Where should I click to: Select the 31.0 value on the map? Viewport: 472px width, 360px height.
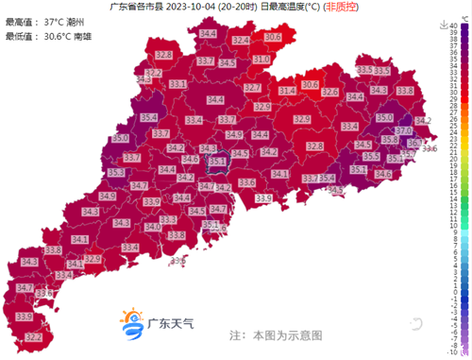tap(260, 59)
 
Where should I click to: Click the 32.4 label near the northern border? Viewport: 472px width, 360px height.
tap(241, 41)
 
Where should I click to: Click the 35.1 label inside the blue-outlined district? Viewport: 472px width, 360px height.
tap(217, 162)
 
